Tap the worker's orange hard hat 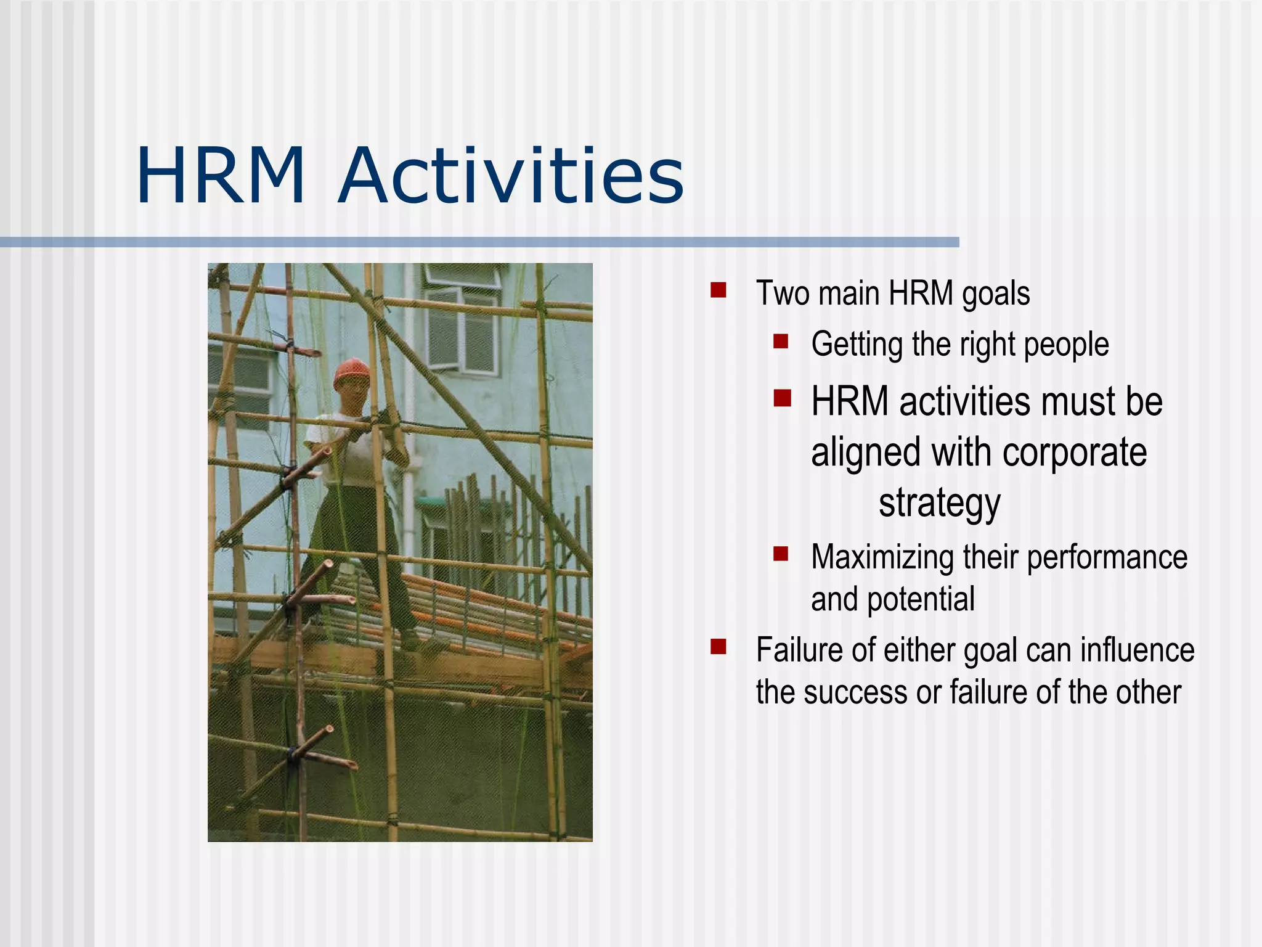point(352,372)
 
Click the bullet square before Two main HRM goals point(718,290)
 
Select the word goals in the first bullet point(996,293)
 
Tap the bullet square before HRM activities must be point(782,398)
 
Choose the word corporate point(1075,453)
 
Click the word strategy point(939,503)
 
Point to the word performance point(1107,558)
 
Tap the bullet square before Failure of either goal point(718,646)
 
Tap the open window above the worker point(463,327)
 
